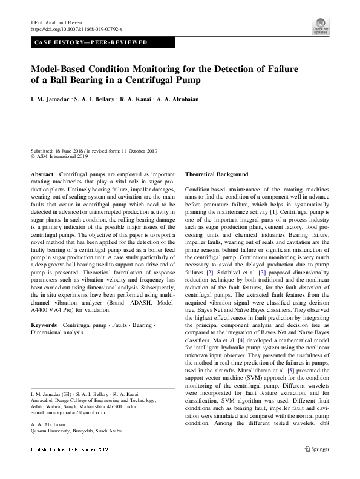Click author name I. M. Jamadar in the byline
[50, 99]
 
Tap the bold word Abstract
[42, 174]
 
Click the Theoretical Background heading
[217, 174]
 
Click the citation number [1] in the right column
[273, 211]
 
